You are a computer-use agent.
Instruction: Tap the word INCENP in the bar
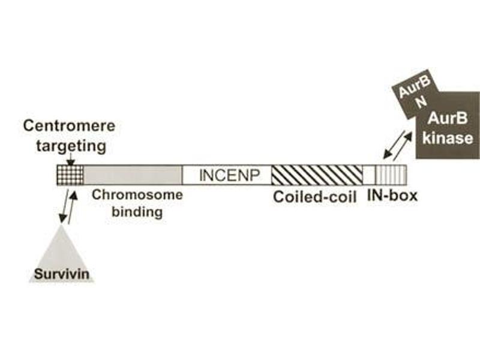click(227, 175)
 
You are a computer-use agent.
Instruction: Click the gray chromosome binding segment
click(132, 175)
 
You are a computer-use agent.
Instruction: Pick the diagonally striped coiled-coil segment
click(316, 175)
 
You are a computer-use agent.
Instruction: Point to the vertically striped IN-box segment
click(394, 175)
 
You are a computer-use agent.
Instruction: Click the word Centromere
click(69, 127)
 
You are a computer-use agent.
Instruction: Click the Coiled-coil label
click(315, 197)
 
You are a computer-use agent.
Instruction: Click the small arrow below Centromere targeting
click(71, 160)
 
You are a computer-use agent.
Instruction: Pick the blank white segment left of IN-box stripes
click(369, 175)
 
